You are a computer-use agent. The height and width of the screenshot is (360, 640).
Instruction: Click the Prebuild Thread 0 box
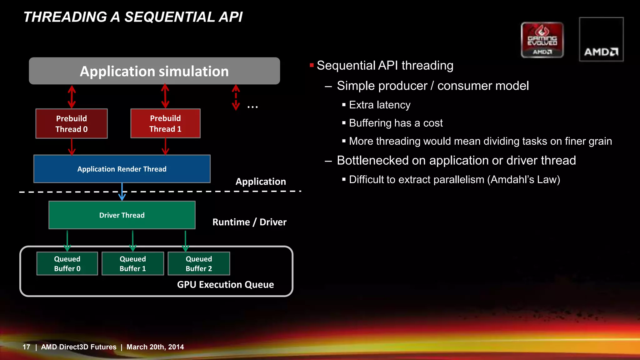[72, 124]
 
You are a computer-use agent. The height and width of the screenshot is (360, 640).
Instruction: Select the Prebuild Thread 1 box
[165, 123]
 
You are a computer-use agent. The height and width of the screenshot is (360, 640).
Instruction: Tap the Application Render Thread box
[122, 169]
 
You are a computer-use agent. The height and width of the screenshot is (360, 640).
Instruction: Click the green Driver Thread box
[122, 215]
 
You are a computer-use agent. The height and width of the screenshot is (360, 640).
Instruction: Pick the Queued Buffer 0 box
[67, 263]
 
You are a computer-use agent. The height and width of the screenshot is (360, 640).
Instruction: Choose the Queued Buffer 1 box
[133, 263]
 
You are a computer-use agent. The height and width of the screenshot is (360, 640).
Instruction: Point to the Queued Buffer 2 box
[199, 263]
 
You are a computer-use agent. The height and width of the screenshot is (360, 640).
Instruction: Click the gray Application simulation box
[154, 71]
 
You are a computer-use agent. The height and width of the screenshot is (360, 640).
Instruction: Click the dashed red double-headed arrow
[236, 97]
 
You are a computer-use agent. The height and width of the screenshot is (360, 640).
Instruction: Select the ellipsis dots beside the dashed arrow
[252, 107]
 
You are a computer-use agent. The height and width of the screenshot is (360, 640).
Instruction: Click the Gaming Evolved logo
[542, 40]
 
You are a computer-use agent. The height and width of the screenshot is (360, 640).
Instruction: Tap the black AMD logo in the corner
[601, 40]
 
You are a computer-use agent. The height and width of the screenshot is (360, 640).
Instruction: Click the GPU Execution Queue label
[225, 284]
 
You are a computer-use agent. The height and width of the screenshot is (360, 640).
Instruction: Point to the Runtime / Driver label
[249, 222]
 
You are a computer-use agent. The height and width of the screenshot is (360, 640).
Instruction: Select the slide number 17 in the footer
[26, 347]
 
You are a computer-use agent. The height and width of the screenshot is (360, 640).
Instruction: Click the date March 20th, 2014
[155, 347]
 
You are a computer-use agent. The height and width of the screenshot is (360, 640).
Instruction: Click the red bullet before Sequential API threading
[312, 65]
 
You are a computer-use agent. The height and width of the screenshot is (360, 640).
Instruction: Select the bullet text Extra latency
[379, 105]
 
